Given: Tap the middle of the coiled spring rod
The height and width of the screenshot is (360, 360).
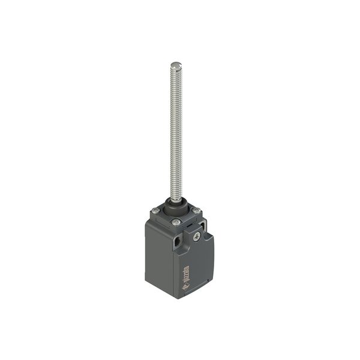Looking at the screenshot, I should (176, 132).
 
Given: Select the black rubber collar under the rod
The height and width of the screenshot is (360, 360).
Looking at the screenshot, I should (176, 206).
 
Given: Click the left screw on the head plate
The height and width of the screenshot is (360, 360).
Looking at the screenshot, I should (155, 210).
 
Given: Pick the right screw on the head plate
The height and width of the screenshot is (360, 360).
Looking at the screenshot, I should (196, 210).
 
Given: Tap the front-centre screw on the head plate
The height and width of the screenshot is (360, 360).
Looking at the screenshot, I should (176, 222).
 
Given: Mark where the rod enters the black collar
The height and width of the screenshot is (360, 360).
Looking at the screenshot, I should (176, 199).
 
